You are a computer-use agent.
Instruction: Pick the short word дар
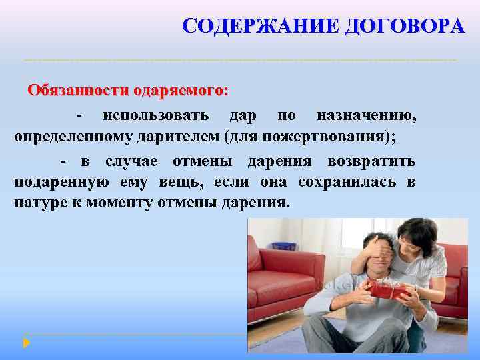coord(243,115)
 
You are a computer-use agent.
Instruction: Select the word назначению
coord(367,115)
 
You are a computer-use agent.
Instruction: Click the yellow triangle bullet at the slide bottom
coord(26,343)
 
